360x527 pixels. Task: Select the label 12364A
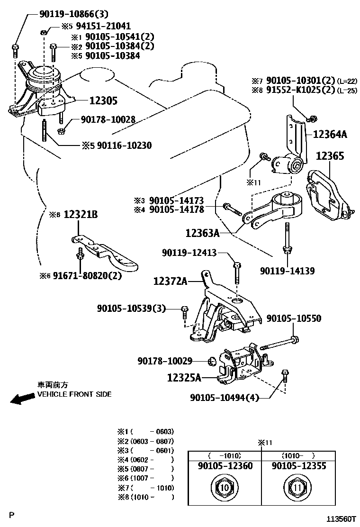click(x=330, y=135)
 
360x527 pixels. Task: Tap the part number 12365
click(x=330, y=156)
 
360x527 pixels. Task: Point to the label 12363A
click(x=202, y=233)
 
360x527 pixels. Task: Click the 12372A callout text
click(x=170, y=282)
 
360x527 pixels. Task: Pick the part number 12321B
click(x=81, y=215)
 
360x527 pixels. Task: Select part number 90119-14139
click(x=288, y=271)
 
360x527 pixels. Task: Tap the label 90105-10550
click(x=294, y=318)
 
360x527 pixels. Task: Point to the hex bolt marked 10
click(x=225, y=487)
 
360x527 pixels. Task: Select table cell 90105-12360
click(x=225, y=466)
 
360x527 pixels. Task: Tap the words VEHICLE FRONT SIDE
click(x=75, y=394)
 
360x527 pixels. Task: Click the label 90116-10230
click(x=124, y=145)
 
